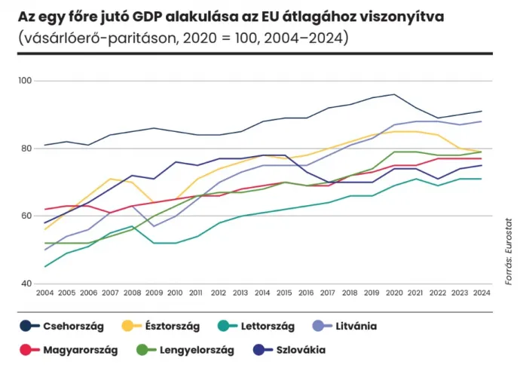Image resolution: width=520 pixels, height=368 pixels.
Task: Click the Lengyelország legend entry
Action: coord(196,350)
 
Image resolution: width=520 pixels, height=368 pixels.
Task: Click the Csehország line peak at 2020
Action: coord(394,94)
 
